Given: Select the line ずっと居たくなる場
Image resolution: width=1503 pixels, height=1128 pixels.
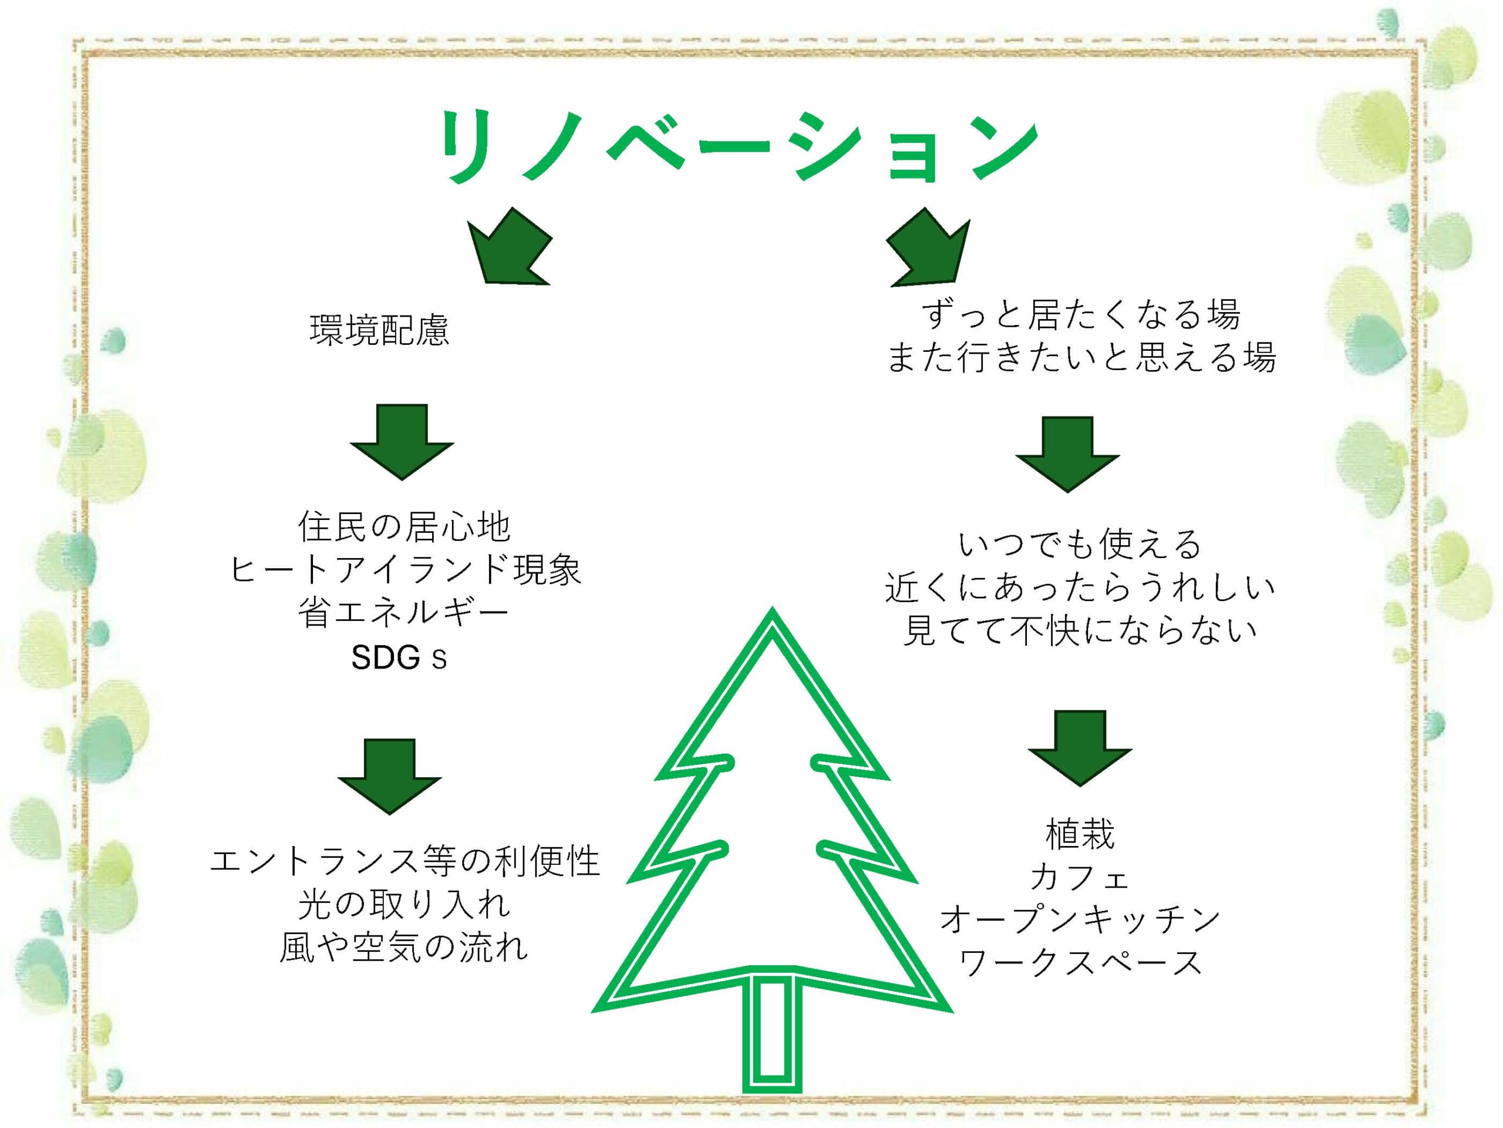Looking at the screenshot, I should (1080, 315).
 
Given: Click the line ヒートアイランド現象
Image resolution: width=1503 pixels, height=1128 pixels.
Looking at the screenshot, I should (406, 570).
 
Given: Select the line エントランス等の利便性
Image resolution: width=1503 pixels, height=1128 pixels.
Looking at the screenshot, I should (406, 861).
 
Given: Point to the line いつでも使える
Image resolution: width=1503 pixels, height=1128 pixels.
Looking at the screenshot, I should (1080, 545).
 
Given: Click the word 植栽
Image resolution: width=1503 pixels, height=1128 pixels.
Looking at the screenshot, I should (1080, 834).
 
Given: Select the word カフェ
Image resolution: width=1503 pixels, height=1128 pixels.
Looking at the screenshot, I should (1080, 877).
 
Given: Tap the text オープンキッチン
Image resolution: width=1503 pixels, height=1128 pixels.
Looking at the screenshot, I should (1080, 920).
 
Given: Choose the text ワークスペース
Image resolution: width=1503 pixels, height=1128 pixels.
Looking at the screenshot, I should (1080, 963).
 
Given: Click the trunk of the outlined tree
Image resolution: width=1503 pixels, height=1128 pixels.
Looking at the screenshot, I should (773, 1037).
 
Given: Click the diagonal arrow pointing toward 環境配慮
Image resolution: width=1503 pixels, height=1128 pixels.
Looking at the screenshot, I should (510, 248).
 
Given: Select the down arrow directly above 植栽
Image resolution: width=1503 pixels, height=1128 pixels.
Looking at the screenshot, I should (1080, 747).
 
